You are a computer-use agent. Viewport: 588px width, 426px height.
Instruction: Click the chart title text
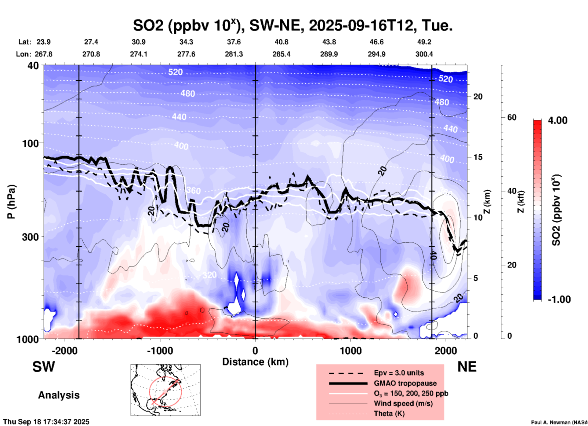tap(292, 25)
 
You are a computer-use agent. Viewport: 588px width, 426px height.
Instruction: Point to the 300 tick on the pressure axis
tap(31, 237)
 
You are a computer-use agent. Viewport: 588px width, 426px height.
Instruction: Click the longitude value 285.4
tap(281, 54)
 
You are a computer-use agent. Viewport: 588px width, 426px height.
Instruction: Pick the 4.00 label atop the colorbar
tap(557, 120)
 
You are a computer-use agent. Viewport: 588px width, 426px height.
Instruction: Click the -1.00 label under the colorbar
tap(559, 299)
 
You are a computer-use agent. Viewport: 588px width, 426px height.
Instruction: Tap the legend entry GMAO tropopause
tap(405, 383)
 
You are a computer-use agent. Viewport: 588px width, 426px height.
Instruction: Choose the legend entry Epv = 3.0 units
tap(399, 373)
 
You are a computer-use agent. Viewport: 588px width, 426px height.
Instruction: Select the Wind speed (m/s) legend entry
tap(403, 403)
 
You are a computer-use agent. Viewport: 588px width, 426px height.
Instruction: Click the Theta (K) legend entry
tap(389, 413)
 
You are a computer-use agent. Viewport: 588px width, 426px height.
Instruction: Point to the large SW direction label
tap(44, 367)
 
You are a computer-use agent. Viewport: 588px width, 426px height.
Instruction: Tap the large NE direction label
tap(467, 367)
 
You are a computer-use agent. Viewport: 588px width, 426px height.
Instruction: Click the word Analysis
tap(59, 395)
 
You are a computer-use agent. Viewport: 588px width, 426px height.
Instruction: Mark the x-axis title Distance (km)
tap(255, 362)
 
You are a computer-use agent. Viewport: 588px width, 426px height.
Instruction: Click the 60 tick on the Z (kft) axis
tap(512, 117)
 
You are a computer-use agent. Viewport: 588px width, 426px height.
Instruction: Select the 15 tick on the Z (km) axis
tap(478, 157)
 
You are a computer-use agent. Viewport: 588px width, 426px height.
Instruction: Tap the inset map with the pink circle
tap(165, 390)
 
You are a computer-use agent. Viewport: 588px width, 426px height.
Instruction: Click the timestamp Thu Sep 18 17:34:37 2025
tap(46, 422)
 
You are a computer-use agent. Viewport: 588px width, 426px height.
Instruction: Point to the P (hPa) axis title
tap(11, 202)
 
